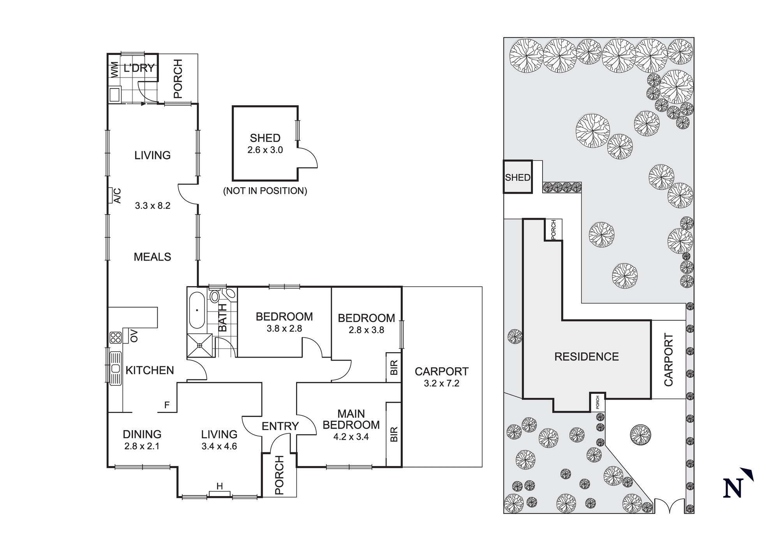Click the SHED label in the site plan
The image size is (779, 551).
coord(518,177)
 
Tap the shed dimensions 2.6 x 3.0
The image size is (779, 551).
coord(265,150)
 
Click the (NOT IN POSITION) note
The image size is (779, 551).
coord(265,191)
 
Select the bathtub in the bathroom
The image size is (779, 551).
coord(197,310)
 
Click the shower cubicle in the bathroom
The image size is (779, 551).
coord(200,345)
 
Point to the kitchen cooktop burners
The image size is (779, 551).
coord(115,337)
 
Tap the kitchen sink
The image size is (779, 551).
coord(116,368)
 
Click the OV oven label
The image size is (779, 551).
coord(134,336)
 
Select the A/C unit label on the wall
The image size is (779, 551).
coord(116,195)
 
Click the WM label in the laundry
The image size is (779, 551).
coord(115,69)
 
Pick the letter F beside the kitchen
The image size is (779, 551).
coord(167,405)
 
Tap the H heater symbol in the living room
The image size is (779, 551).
coord(220,486)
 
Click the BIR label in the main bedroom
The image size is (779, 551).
coord(394,434)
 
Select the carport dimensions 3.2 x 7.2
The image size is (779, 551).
coord(442,383)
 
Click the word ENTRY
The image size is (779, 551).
coord(280,426)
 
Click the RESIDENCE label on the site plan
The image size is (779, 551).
coord(587,356)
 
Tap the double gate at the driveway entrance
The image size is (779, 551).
coord(670,506)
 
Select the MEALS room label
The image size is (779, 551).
coord(152,257)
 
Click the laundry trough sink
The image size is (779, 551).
coord(115,94)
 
